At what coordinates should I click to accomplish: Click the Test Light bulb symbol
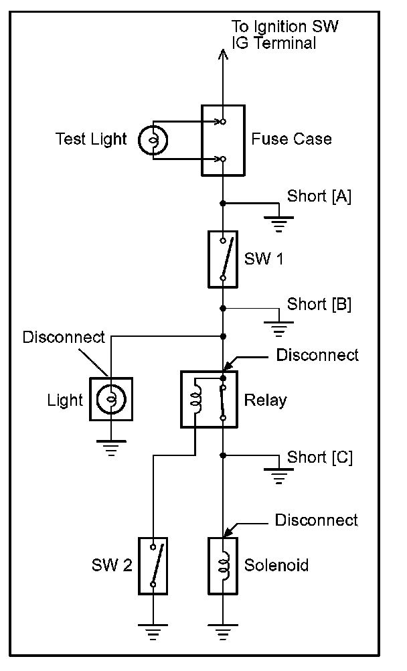[x=153, y=140]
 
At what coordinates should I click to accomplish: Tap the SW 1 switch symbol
[x=223, y=259]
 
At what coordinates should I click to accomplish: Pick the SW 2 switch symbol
[x=153, y=566]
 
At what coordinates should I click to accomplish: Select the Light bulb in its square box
[x=111, y=399]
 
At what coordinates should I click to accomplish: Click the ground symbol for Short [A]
[x=278, y=224]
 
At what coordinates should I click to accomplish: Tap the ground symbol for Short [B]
[x=278, y=328]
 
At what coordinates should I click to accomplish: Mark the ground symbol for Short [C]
[x=278, y=475]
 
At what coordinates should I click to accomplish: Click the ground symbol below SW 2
[x=153, y=631]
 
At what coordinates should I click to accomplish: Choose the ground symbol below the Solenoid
[x=223, y=631]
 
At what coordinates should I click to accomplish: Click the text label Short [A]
[x=319, y=196]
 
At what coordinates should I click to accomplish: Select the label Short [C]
[x=320, y=457]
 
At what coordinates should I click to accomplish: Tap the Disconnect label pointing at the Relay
[x=317, y=355]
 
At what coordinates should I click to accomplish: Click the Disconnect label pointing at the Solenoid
[x=316, y=520]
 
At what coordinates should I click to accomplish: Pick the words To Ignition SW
[x=284, y=27]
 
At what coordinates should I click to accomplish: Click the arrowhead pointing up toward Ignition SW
[x=222, y=54]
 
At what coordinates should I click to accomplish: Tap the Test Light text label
[x=91, y=139]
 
